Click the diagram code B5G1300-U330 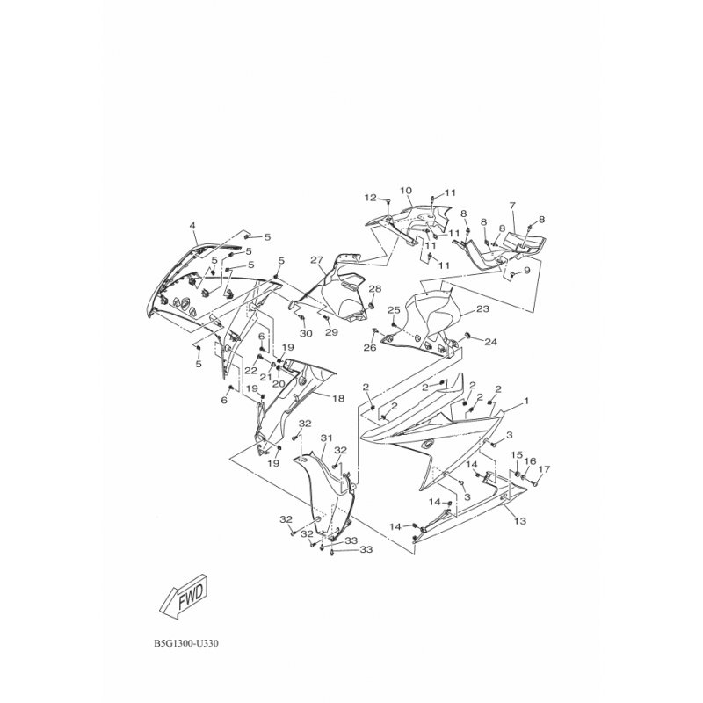(x=186, y=644)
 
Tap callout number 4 (x=192, y=226)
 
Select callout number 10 (x=406, y=191)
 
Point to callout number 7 (x=512, y=206)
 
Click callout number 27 (x=316, y=260)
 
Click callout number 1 (x=526, y=401)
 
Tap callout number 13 (x=520, y=521)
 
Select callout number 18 (x=338, y=398)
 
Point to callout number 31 (x=326, y=438)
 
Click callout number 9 (x=526, y=271)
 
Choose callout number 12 (x=370, y=197)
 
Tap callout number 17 (x=544, y=469)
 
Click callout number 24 (x=491, y=342)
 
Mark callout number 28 (x=375, y=288)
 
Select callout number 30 (x=306, y=334)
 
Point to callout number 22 (x=250, y=370)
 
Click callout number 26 (x=370, y=347)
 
